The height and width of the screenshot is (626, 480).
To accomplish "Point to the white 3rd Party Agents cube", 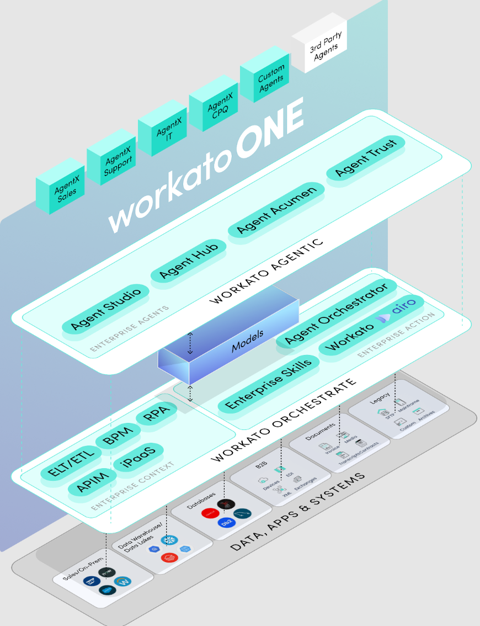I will pos(319,46).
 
